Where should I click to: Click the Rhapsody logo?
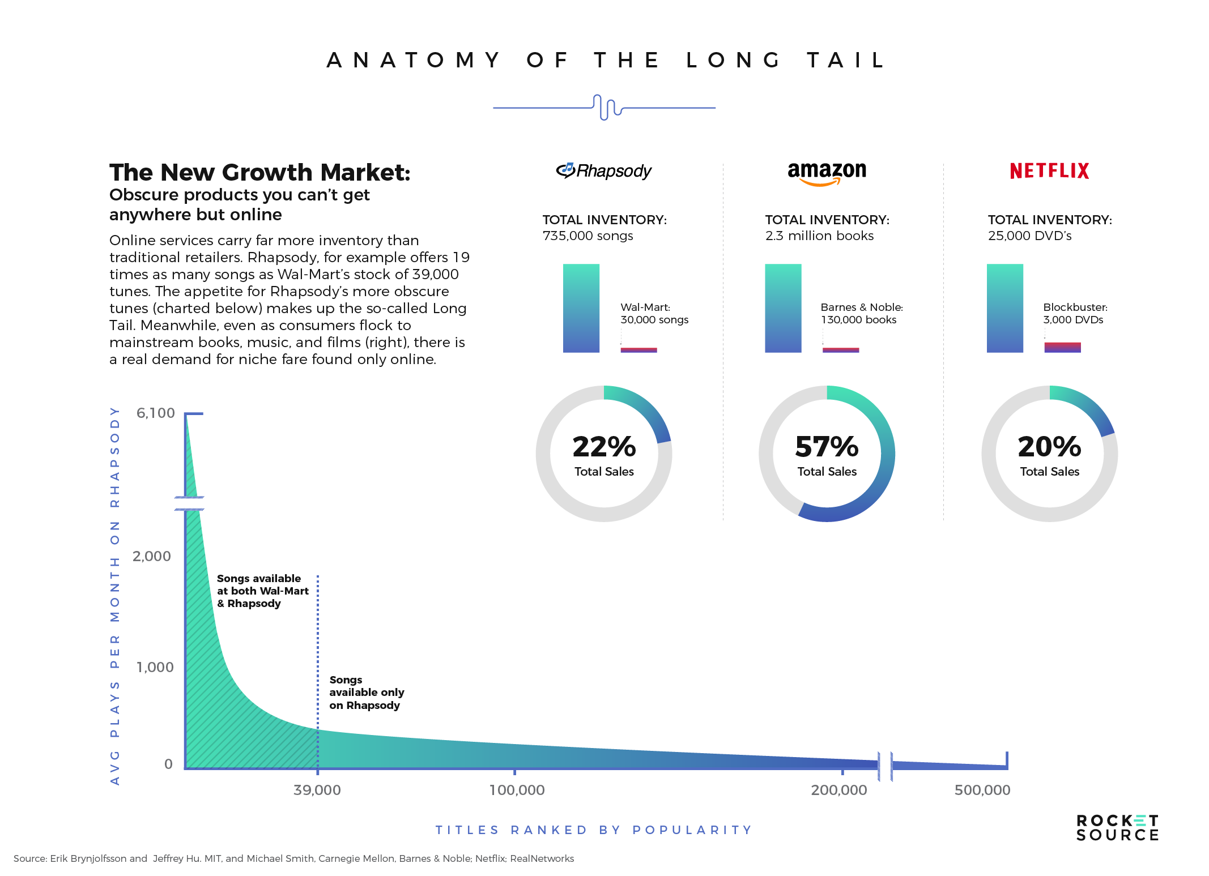[x=604, y=170]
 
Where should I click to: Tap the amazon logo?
[x=827, y=172]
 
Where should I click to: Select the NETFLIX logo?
[x=1049, y=171]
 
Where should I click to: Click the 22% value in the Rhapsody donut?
[x=604, y=447]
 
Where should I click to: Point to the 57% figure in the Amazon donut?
[x=827, y=447]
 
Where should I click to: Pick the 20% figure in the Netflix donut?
[x=1049, y=447]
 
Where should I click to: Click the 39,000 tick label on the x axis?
[x=317, y=790]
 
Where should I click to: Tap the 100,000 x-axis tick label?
[x=517, y=790]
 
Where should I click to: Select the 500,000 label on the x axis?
[x=982, y=790]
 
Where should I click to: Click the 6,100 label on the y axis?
[x=155, y=413]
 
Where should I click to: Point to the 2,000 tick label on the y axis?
[x=151, y=556]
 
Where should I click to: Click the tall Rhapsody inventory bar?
[x=581, y=308]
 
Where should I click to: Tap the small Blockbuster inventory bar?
[x=1062, y=347]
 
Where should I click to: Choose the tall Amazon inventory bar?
[x=783, y=308]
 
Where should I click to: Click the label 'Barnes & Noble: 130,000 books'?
[x=861, y=313]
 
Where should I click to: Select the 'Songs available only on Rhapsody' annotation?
[x=367, y=692]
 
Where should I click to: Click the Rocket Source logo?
[x=1117, y=828]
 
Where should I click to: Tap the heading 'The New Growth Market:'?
[x=259, y=172]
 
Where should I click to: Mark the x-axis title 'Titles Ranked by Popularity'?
[x=593, y=830]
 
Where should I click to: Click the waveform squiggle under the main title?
[x=606, y=107]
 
